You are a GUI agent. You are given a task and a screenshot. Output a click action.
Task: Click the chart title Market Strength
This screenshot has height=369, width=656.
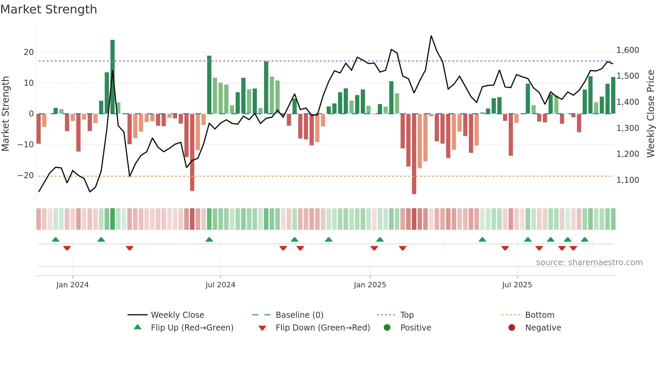pyautogui.click(x=49, y=9)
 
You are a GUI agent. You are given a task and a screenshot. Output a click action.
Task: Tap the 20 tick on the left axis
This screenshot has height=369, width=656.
pyautogui.click(x=29, y=52)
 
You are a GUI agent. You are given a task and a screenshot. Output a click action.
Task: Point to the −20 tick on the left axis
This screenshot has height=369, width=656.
pyautogui.click(x=26, y=175)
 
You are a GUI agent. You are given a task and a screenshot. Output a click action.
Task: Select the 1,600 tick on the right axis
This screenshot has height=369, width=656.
pyautogui.click(x=628, y=50)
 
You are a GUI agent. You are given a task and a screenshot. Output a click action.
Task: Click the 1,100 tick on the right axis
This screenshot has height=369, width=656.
pyautogui.click(x=628, y=180)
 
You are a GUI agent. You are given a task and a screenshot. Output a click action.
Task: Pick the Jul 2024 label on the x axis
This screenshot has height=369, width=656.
pyautogui.click(x=220, y=285)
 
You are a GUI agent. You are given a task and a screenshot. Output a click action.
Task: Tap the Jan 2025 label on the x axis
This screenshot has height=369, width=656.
pyautogui.click(x=370, y=285)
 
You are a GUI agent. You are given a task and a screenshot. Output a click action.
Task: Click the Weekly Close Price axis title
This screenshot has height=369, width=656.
pyautogui.click(x=650, y=114)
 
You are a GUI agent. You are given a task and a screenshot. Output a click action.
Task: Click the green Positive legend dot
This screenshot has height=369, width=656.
pyautogui.click(x=387, y=327)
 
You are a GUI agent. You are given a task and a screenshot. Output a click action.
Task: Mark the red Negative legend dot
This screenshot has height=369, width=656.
pyautogui.click(x=512, y=327)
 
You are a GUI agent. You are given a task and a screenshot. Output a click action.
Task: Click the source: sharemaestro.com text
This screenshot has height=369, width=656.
pyautogui.click(x=589, y=262)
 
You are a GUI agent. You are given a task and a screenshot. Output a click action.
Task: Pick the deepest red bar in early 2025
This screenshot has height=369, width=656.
pyautogui.click(x=414, y=154)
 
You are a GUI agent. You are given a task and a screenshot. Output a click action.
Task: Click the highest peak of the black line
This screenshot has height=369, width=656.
pyautogui.click(x=431, y=36)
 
